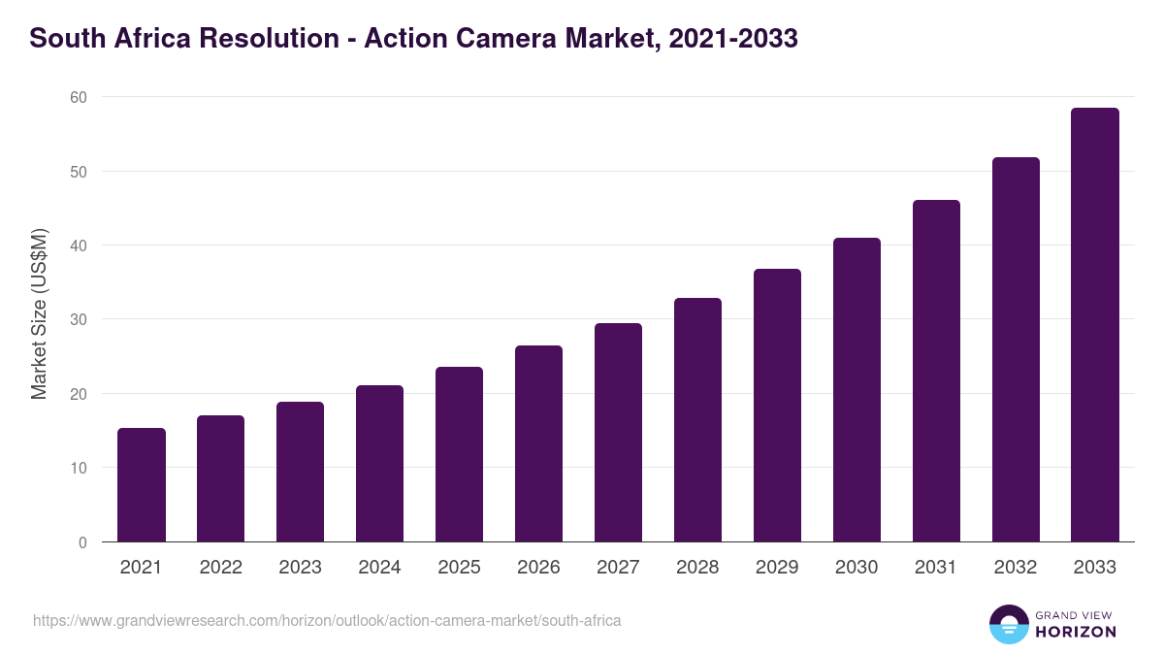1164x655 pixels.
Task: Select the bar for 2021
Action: (x=142, y=485)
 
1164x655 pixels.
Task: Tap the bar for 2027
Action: (x=618, y=433)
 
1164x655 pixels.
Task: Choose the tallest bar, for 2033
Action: (x=1095, y=325)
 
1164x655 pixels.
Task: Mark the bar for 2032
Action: (x=1016, y=349)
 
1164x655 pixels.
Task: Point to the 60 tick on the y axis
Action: (x=78, y=97)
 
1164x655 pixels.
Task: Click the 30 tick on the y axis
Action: (x=78, y=319)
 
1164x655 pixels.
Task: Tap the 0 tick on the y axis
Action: (x=82, y=542)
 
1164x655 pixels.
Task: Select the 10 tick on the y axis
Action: (x=78, y=468)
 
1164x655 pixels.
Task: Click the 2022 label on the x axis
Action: (x=220, y=568)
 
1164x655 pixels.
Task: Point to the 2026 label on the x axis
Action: (x=538, y=568)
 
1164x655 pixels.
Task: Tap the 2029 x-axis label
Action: (x=777, y=568)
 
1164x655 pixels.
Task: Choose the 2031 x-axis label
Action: (x=936, y=568)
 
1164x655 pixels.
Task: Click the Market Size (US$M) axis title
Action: (x=39, y=313)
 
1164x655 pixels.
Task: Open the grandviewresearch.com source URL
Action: (x=327, y=620)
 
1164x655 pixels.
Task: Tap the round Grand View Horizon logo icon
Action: (x=1009, y=624)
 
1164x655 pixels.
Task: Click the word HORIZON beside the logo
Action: (x=1076, y=632)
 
